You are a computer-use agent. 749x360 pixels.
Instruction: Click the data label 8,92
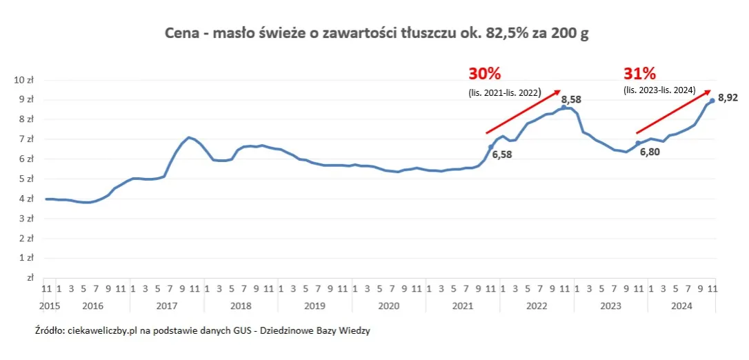pyautogui.click(x=728, y=99)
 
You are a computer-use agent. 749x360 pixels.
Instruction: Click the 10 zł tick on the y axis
pyautogui.click(x=23, y=80)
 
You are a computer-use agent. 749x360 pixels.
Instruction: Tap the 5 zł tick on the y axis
pyautogui.click(x=26, y=179)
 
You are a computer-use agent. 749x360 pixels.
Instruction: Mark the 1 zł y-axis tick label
pyautogui.click(x=26, y=258)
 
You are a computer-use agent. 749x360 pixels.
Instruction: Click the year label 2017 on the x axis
pyautogui.click(x=166, y=305)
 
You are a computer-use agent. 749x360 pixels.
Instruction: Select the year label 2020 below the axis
pyautogui.click(x=388, y=305)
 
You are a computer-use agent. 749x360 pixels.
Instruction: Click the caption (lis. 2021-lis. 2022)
pyautogui.click(x=505, y=91)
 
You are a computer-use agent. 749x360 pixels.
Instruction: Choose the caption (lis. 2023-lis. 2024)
pyautogui.click(x=659, y=91)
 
